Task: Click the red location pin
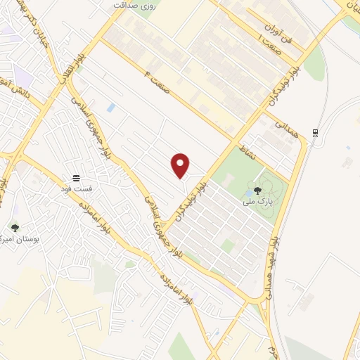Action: tap(181, 165)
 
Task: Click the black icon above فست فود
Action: tap(75, 176)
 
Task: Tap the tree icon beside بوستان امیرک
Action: tap(15, 228)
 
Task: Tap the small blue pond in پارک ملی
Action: tap(250, 191)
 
